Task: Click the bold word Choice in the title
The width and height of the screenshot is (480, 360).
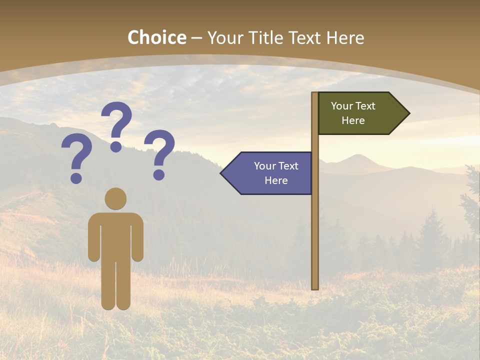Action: pyautogui.click(x=156, y=37)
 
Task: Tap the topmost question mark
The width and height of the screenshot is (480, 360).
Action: pyautogui.click(x=116, y=120)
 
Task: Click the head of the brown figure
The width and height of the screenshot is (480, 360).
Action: pyautogui.click(x=115, y=198)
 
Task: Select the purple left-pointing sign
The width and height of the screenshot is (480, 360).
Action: pyautogui.click(x=270, y=173)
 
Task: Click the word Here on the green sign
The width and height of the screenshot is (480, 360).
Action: pyautogui.click(x=353, y=120)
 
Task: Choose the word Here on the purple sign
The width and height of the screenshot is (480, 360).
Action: pyautogui.click(x=276, y=180)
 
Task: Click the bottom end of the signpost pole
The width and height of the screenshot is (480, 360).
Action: pyautogui.click(x=315, y=287)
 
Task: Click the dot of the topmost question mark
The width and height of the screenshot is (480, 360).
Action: pyautogui.click(x=116, y=146)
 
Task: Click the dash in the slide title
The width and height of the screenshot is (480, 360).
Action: pyautogui.click(x=196, y=38)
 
